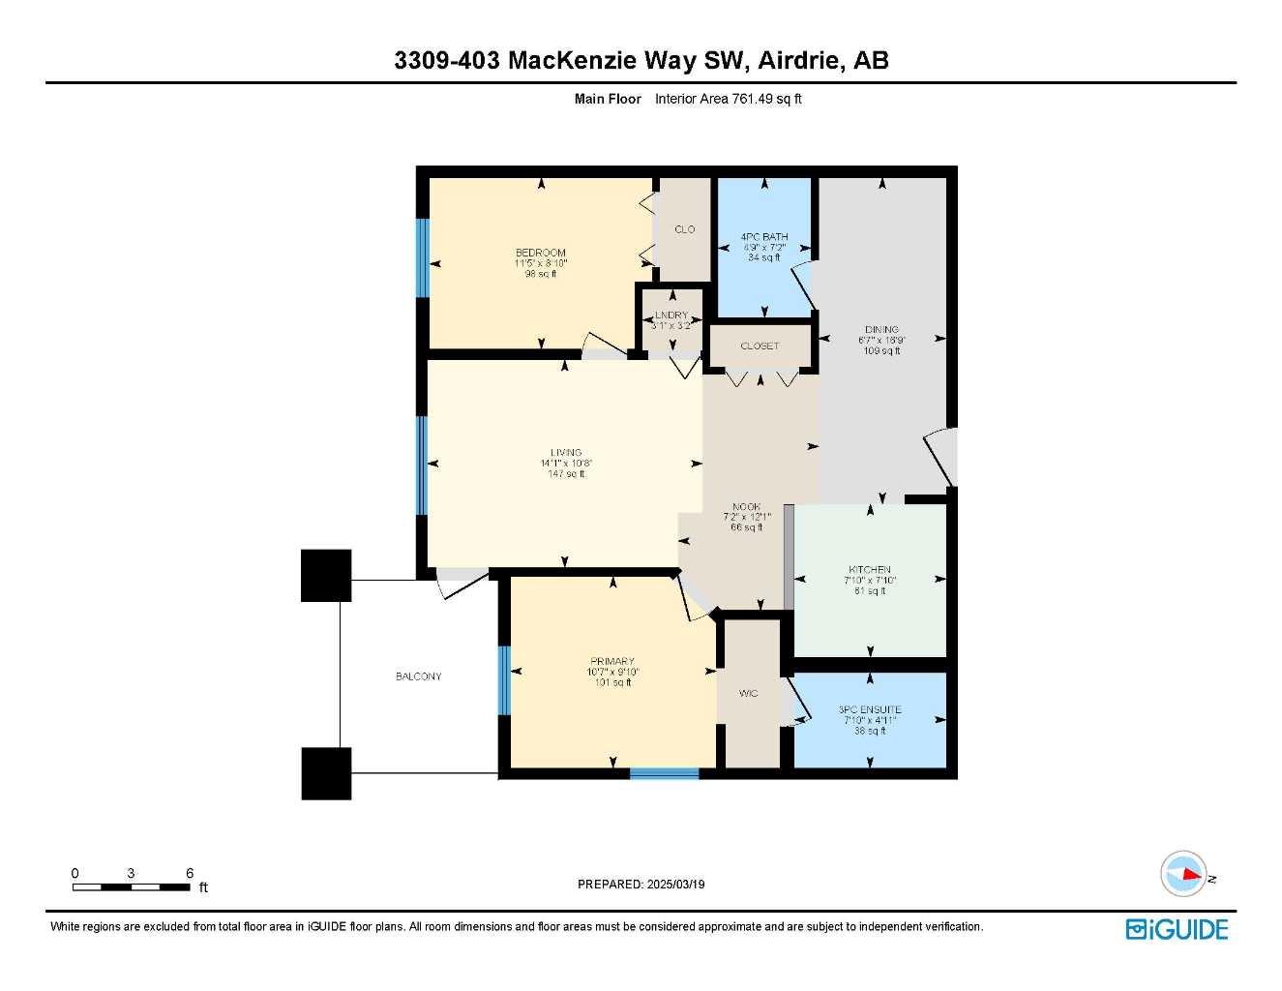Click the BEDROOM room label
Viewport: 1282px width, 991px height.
(x=540, y=253)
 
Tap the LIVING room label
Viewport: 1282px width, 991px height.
(x=566, y=452)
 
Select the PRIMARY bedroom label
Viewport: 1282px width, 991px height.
(x=612, y=661)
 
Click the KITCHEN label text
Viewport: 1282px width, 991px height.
(x=869, y=569)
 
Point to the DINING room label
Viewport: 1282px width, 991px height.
(x=881, y=329)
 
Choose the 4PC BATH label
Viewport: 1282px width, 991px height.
(x=763, y=236)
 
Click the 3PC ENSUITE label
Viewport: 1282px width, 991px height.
(x=869, y=709)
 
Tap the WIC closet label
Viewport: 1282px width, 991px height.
(x=748, y=693)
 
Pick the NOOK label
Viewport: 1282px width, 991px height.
(x=746, y=506)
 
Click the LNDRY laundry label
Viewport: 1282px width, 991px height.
(x=671, y=315)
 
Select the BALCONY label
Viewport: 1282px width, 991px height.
(x=418, y=676)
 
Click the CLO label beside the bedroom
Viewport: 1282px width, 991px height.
(x=684, y=229)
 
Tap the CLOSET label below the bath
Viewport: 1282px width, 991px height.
(x=760, y=345)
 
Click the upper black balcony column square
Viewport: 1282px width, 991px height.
(x=326, y=575)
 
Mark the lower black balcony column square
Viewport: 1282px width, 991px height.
(x=326, y=773)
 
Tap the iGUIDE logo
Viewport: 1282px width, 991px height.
(x=1177, y=929)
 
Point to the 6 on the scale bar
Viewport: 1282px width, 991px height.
(x=190, y=873)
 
